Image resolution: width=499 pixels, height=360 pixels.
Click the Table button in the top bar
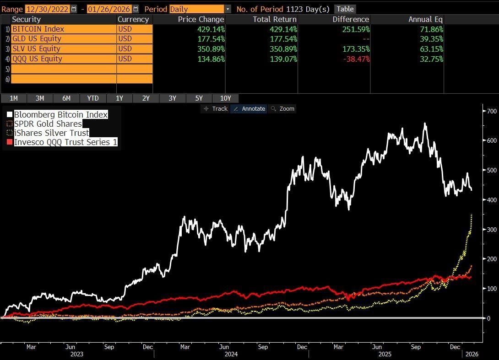click(x=345, y=9)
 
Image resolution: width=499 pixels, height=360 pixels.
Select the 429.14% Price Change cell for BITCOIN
click(x=208, y=29)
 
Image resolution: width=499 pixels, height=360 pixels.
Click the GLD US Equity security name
click(x=37, y=39)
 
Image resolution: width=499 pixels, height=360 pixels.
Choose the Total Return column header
click(x=275, y=19)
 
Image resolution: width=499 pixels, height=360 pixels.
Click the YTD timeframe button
click(x=93, y=98)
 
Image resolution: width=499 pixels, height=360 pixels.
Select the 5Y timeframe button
click(x=199, y=98)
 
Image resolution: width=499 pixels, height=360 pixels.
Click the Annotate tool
click(x=249, y=108)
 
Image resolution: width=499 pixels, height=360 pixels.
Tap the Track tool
click(x=216, y=108)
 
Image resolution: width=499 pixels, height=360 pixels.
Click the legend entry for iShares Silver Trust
click(x=51, y=133)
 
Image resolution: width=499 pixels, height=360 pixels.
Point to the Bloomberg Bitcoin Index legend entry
click(x=60, y=114)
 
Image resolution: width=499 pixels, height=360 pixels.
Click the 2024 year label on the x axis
click(x=231, y=354)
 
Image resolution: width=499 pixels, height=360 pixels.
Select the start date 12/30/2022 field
click(x=48, y=9)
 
